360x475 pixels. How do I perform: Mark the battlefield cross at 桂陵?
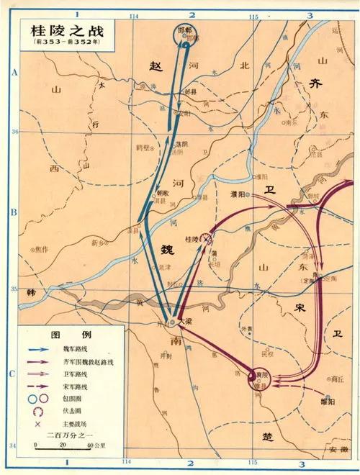pos(206,238)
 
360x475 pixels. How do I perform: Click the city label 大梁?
pos(185,322)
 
